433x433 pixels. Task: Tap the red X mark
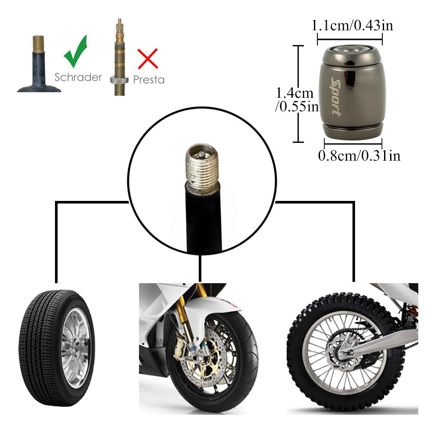[148, 59]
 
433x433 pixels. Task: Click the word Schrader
[78, 77]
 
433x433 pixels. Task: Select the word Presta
[149, 80]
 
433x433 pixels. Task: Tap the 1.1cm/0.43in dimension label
[352, 26]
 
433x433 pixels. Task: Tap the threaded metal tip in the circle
[201, 167]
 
